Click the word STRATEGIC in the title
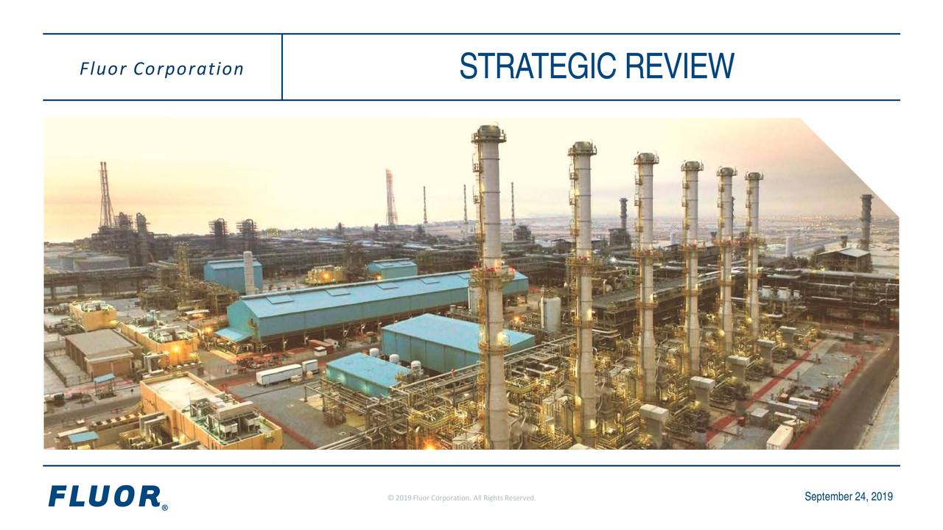pyautogui.click(x=538, y=66)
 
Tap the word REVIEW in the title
pyautogui.click(x=680, y=66)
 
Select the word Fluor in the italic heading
pyautogui.click(x=103, y=69)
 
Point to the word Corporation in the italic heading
pyautogui.click(x=189, y=69)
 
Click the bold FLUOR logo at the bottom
pyautogui.click(x=105, y=496)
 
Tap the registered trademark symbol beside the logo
pyautogui.click(x=164, y=508)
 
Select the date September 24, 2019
pyautogui.click(x=849, y=497)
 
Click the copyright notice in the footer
pyautogui.click(x=461, y=498)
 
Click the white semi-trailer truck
pyautogui.click(x=279, y=375)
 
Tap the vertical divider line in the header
pyautogui.click(x=282, y=67)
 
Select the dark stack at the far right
pyautogui.click(x=866, y=222)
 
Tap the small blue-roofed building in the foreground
pyautogui.click(x=365, y=373)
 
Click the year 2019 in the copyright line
pyautogui.click(x=403, y=498)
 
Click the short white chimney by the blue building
pyautogui.click(x=249, y=272)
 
